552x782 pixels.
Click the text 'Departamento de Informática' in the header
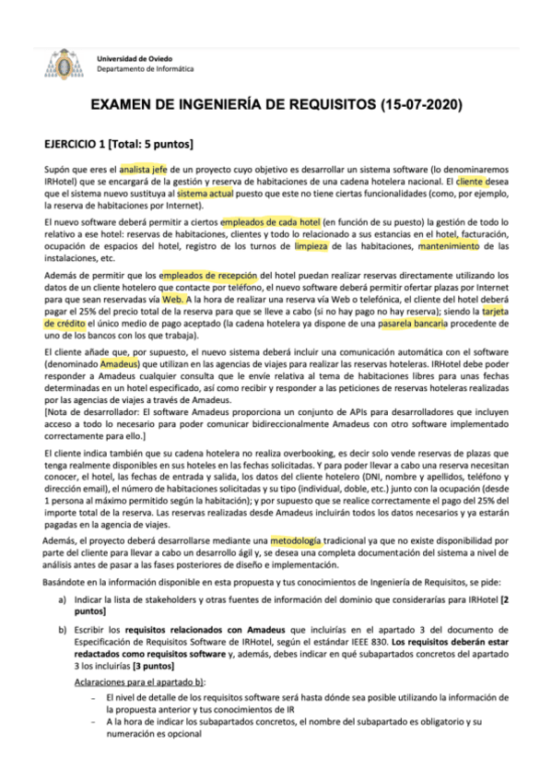[x=146, y=69]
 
